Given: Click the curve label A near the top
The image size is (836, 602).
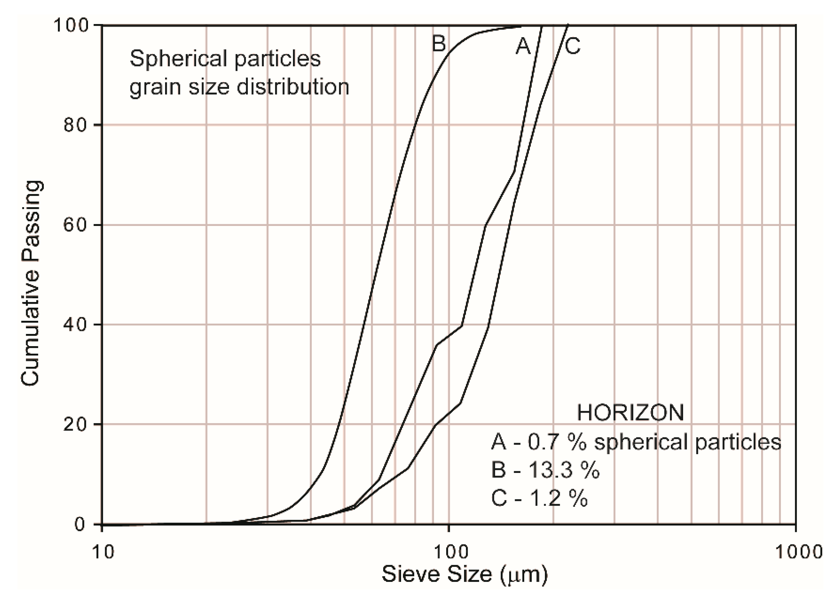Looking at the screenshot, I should [523, 46].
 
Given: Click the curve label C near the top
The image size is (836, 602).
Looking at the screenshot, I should [572, 46].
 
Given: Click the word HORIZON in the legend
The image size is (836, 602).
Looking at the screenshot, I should [630, 413].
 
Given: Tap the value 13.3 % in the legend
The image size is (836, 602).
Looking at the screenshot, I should [564, 471].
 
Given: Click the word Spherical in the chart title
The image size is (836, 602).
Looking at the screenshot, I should [177, 59].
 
